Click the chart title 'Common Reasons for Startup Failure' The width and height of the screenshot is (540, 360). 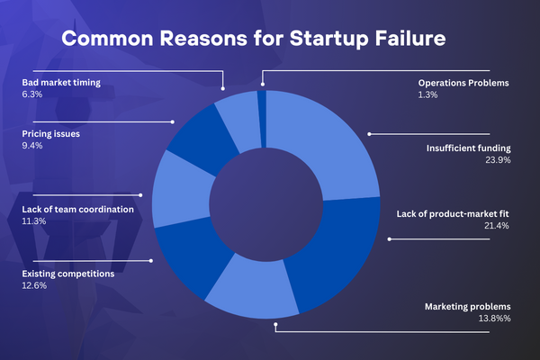click(x=254, y=38)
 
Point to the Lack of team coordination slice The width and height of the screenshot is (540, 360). click(x=181, y=189)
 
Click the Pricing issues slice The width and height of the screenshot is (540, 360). click(x=202, y=138)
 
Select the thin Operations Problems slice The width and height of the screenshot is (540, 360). click(x=262, y=119)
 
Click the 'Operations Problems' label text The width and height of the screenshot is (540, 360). click(x=463, y=83)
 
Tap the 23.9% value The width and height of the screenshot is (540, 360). click(x=498, y=160)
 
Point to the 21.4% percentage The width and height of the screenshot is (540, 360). click(x=496, y=226)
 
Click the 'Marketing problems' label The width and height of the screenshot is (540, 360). click(x=467, y=307)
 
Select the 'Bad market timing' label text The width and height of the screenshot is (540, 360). click(x=61, y=83)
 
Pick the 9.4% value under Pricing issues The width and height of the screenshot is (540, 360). click(x=32, y=146)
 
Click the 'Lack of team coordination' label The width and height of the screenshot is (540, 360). click(x=77, y=210)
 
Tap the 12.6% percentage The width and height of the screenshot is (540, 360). click(x=34, y=285)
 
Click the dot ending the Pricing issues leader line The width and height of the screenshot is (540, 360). click(x=173, y=122)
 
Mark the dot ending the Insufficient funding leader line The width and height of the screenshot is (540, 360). click(x=369, y=134)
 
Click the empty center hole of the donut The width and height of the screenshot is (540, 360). click(x=265, y=204)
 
